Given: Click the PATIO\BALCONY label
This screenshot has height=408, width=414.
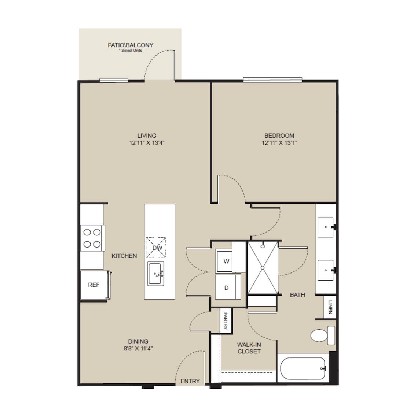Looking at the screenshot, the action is click(131, 45).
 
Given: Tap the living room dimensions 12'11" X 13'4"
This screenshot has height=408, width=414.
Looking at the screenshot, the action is click(147, 143).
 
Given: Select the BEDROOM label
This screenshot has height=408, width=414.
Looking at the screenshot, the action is click(279, 136).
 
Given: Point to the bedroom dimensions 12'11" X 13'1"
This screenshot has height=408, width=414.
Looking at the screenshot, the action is click(279, 143).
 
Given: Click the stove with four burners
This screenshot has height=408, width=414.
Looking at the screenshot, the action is click(92, 238).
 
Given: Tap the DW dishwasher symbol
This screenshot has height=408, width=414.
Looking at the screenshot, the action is click(156, 247).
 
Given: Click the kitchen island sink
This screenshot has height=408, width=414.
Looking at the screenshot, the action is click(156, 274).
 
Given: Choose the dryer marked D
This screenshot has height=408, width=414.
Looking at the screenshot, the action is click(228, 287).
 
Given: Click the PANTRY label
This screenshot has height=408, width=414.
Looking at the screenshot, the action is click(226, 321).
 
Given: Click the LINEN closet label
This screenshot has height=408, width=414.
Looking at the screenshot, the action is click(330, 307).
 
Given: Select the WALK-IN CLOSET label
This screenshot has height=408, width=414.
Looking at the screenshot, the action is click(249, 348).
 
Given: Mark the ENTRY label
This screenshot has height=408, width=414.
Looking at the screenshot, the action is click(190, 381).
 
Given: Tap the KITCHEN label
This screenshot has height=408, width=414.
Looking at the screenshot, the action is click(124, 256).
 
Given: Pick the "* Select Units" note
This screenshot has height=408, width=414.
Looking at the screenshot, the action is click(131, 51).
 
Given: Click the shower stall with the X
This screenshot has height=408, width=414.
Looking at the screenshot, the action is click(263, 268).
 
